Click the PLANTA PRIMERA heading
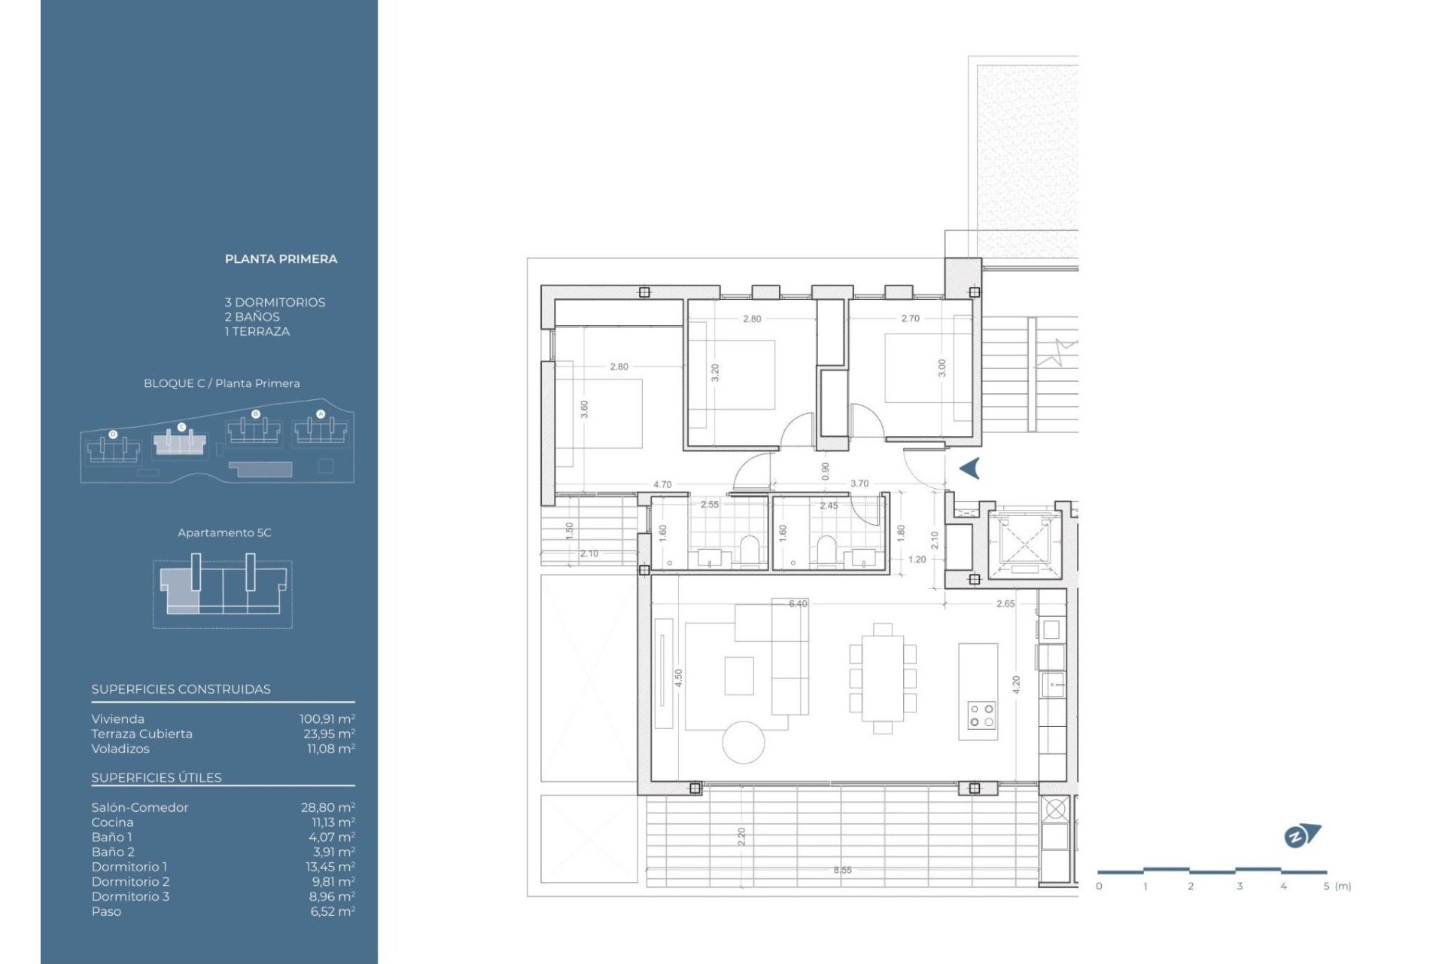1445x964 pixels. point(281,259)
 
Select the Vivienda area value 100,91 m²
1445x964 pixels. point(327,719)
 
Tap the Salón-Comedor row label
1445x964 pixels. point(140,807)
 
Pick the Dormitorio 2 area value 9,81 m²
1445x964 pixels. point(332,881)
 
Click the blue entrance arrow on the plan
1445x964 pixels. point(970,468)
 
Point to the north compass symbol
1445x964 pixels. point(1301,836)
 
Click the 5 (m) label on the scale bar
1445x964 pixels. point(1337,886)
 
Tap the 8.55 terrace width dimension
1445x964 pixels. point(842,870)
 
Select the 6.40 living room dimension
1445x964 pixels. point(798,604)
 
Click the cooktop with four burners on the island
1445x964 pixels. point(981,715)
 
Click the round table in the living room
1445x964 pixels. point(744,742)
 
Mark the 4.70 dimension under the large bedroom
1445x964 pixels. point(662,485)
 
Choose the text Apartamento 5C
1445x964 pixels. point(224,532)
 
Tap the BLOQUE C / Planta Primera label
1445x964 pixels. point(221,383)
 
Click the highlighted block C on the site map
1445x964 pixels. point(180,443)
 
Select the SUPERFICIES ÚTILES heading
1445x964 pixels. point(157,778)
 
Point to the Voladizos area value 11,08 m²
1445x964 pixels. point(330,749)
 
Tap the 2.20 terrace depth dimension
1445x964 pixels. point(741,836)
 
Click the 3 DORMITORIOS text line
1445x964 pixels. point(275,302)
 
